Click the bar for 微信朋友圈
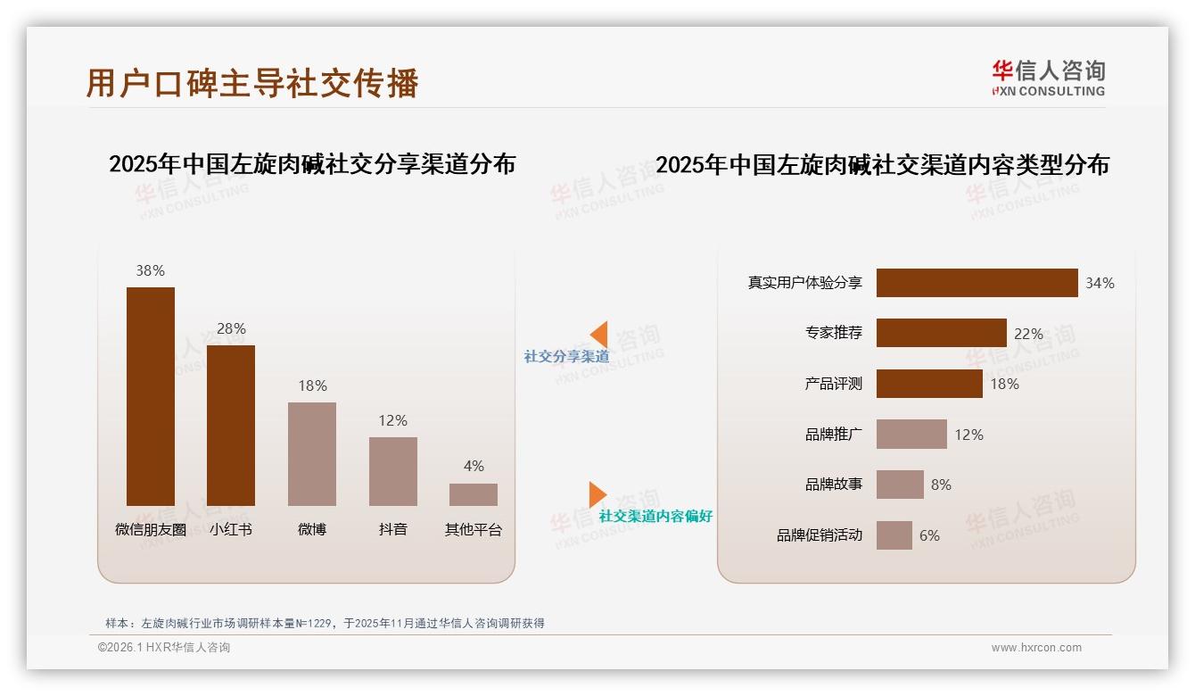[150, 396]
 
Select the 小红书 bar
[231, 426]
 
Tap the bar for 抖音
[392, 471]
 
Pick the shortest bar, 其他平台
[473, 494]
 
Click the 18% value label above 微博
[312, 385]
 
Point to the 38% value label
[150, 270]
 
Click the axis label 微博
[312, 529]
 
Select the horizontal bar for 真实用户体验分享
[977, 283]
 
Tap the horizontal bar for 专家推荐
[941, 333]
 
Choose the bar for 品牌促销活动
[894, 535]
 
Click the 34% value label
[1100, 283]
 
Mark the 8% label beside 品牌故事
[941, 485]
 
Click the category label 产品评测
[833, 384]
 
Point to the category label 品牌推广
[833, 435]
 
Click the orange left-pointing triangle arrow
[599, 335]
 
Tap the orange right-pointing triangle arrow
[597, 494]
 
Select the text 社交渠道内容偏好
[655, 517]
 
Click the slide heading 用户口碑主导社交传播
[252, 83]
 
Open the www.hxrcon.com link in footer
[1036, 648]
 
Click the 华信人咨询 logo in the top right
[1048, 78]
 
